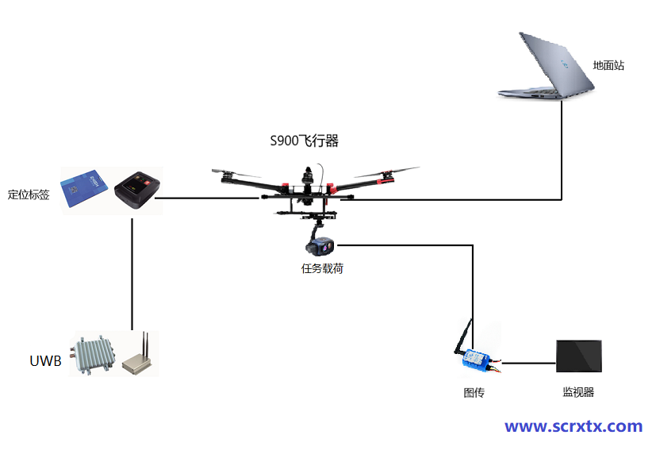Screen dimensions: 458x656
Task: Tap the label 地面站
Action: tap(608, 65)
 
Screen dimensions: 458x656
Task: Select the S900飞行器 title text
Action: tap(305, 141)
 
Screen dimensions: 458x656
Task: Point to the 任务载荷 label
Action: tap(322, 268)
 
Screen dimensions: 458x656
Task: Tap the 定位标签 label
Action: tap(29, 194)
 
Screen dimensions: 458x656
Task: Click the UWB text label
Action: tap(45, 361)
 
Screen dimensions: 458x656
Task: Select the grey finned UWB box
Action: tap(94, 355)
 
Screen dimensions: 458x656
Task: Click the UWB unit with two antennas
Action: tap(138, 359)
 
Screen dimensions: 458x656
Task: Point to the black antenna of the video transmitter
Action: tap(462, 337)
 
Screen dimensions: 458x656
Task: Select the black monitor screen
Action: tap(578, 356)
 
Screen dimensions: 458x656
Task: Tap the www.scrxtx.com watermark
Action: tap(574, 426)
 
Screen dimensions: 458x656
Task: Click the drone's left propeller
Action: tap(236, 174)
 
